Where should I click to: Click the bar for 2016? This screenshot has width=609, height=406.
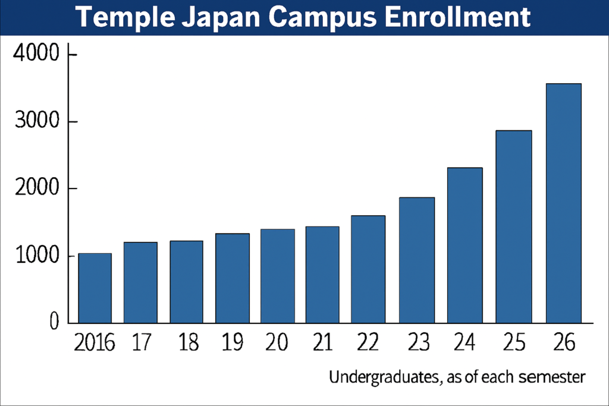tap(95, 288)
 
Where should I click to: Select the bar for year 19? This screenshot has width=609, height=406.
tap(232, 278)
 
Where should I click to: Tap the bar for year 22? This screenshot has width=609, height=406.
tap(368, 269)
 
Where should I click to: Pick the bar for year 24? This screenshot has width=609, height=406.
tap(465, 246)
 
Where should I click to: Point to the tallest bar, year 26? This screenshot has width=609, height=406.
tap(564, 203)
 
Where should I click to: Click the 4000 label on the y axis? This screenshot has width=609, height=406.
tap(36, 55)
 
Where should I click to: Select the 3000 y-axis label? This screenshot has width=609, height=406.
tap(36, 122)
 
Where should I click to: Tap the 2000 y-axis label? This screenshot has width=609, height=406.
tap(36, 189)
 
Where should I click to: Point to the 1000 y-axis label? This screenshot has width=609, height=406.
tap(36, 256)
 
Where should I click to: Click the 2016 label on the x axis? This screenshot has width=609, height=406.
tap(93, 344)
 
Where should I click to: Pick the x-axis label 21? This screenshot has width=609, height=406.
tap(322, 344)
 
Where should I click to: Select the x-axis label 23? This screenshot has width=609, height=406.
tap(417, 344)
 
